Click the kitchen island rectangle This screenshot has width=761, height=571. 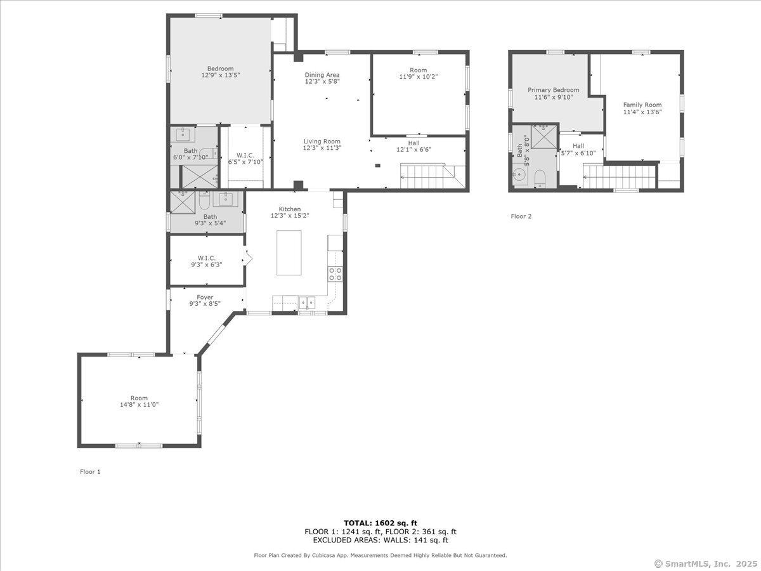point(289,253)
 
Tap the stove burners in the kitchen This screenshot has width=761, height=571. point(335,274)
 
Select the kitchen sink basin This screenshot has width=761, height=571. point(307,303)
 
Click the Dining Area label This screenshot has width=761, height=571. point(322,75)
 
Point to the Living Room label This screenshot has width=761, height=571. point(322,141)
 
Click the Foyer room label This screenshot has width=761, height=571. point(205,298)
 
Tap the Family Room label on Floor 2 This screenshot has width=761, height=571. point(642,105)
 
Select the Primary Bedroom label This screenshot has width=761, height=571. point(554,90)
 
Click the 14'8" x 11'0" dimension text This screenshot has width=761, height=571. point(139,405)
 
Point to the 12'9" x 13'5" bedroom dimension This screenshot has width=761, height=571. point(221,75)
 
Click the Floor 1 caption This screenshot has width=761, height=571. point(90,472)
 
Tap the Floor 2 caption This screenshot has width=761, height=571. point(521,216)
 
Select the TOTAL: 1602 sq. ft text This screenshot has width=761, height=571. point(380,523)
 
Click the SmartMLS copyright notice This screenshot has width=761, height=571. point(706,564)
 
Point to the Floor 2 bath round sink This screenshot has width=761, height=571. point(519,174)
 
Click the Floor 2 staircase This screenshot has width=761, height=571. point(620,177)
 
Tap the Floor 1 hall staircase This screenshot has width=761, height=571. point(433,176)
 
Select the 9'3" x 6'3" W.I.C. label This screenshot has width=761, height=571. point(207,261)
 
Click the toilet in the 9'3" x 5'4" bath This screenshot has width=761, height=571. point(205,200)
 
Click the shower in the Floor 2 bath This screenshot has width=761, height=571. point(543,136)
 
